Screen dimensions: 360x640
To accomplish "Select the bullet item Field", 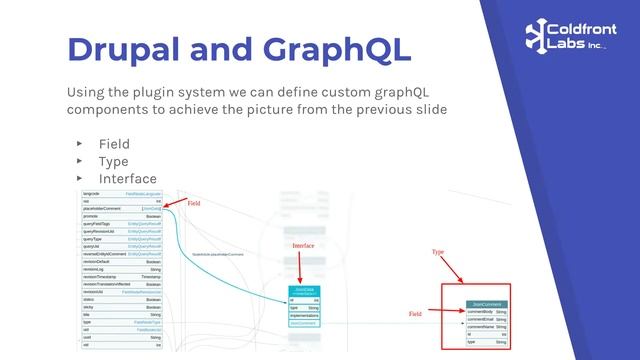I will tap(113, 144).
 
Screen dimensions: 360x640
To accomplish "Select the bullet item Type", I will tap(113, 161).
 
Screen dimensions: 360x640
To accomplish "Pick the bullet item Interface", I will tap(127, 178).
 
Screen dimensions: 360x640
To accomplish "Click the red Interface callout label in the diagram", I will tap(303, 245).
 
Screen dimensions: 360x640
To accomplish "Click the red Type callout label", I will tap(438, 252).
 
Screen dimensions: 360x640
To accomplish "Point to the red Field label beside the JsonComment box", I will tap(416, 314).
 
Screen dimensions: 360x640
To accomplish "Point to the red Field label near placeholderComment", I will tap(194, 203).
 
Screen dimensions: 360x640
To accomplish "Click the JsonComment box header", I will tap(487, 303).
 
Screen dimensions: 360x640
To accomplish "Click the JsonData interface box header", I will tap(304, 289).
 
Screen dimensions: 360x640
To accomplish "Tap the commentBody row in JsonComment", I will tap(487, 311).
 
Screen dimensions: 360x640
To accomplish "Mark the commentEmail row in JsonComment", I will tap(487, 319).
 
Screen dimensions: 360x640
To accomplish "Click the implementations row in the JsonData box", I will tap(304, 315).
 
